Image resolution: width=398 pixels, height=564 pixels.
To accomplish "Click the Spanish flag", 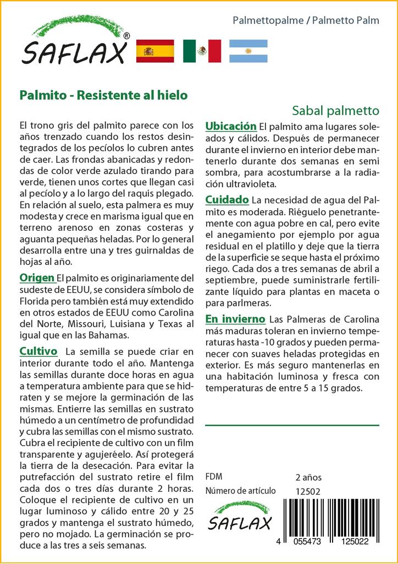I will pos(154,51).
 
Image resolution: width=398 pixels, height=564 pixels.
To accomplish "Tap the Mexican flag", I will pos(202,51).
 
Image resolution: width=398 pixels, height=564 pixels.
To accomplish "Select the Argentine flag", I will pos(248,51).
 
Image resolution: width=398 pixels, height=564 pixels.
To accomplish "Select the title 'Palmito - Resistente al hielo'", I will pos(103,95).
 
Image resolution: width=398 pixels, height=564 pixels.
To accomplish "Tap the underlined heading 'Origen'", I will pos(37,277).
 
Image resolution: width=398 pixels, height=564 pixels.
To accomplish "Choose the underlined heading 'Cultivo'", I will pos(38,351).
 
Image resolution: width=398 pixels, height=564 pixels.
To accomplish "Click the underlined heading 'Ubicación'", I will pos(231,126).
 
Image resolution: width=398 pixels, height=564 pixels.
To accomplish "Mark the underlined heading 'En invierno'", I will pos(235,319).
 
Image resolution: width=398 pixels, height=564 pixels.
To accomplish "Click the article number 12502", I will pos(307,491).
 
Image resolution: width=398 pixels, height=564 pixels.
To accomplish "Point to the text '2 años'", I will pos(308,478).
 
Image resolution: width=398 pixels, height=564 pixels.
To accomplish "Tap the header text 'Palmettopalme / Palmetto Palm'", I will pos(306,20).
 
